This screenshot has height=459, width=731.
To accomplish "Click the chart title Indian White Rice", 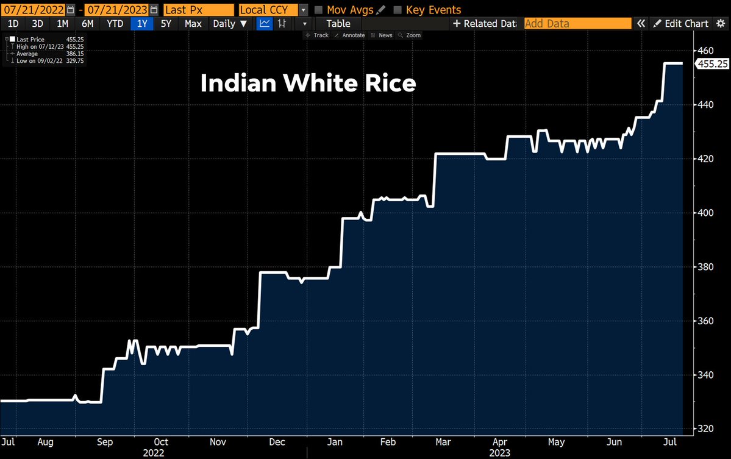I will (308, 84).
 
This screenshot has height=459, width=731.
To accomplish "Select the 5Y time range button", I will (166, 24).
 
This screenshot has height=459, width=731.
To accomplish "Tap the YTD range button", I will (115, 24).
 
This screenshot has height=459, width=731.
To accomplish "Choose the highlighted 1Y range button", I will (142, 24).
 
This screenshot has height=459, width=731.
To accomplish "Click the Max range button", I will (193, 24).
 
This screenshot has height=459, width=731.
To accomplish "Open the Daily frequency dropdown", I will (230, 24).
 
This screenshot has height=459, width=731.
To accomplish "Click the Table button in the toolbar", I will (338, 24).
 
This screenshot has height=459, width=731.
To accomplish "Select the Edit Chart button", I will (681, 24).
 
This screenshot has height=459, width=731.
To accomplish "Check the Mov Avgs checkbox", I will (319, 10).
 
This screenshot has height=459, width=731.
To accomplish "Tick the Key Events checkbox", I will (398, 10).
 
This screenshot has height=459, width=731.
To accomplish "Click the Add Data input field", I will (577, 24).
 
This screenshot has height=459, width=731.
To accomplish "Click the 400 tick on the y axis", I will (706, 213).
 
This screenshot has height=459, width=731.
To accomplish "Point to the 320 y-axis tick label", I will (706, 429).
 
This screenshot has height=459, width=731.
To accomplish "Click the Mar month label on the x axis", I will (444, 441).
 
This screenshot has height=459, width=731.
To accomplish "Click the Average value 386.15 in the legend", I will (75, 54).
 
